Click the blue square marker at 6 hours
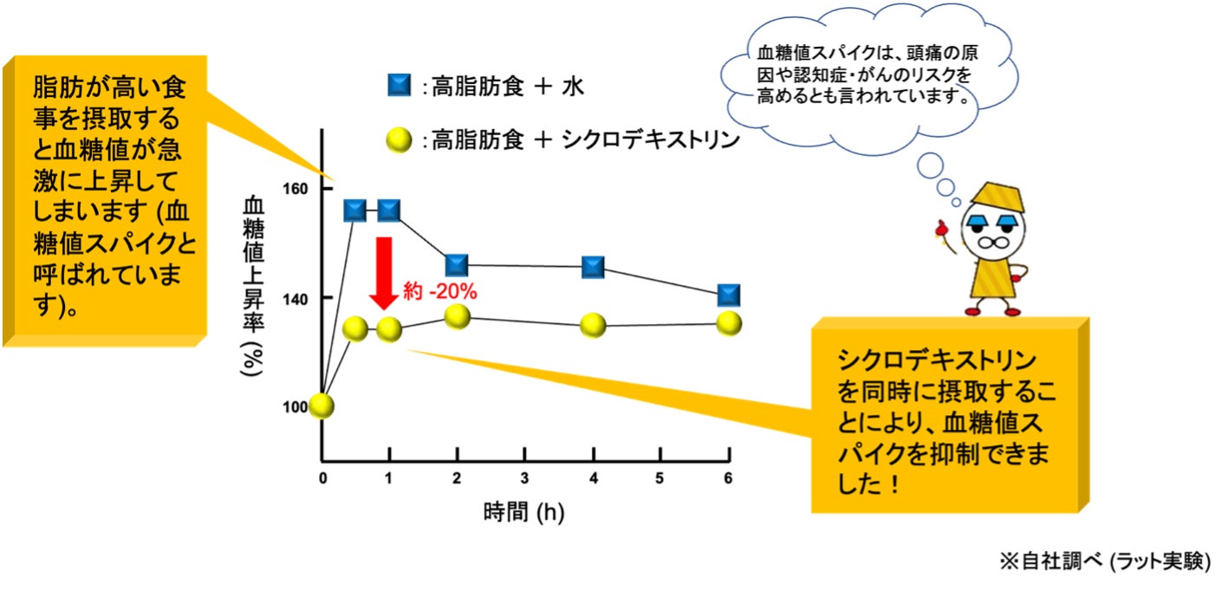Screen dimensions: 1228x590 point(730,295)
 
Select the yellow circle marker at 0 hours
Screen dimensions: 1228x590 point(322,405)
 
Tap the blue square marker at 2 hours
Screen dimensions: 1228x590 point(457,265)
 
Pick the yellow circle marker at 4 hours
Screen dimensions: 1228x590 point(593,326)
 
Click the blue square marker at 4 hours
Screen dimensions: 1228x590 point(593,268)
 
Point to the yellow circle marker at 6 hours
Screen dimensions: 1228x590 point(730,323)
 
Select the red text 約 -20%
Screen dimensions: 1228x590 point(440,292)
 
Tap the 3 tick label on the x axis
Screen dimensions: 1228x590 point(525,478)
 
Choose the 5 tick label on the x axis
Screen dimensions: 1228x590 point(661,478)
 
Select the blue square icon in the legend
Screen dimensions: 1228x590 point(400,87)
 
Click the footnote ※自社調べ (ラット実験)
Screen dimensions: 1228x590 point(1104,561)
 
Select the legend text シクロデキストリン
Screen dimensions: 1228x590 point(652,139)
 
